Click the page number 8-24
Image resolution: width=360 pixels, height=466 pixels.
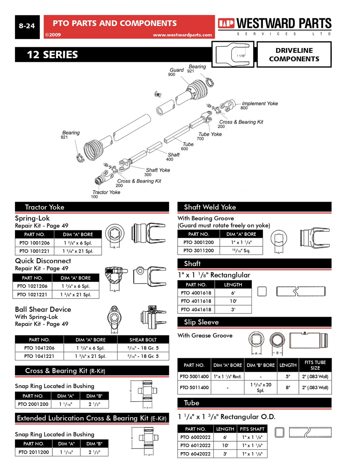pyautogui.click(x=27, y=26)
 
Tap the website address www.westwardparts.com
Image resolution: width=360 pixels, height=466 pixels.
pyautogui.click(x=182, y=35)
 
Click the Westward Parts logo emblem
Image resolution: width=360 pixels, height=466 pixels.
pyautogui.click(x=226, y=24)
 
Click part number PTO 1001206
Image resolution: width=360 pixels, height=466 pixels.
pyautogui.click(x=35, y=243)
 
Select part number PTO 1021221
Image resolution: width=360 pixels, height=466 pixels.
pyautogui.click(x=32, y=295)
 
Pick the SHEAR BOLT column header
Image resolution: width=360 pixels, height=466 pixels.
pyautogui.click(x=143, y=340)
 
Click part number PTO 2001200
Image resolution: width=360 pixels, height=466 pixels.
pyautogui.click(x=33, y=404)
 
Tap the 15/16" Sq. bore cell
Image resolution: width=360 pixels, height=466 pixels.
pyautogui.click(x=241, y=250)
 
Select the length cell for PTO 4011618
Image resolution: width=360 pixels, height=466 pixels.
pyautogui.click(x=233, y=301)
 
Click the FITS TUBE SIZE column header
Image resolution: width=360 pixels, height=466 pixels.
pyautogui.click(x=315, y=365)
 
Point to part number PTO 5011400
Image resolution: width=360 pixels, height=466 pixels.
pyautogui.click(x=194, y=387)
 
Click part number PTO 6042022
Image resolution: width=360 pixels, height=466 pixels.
pyautogui.click(x=195, y=454)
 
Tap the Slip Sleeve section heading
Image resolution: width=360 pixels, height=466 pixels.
pyautogui.click(x=201, y=322)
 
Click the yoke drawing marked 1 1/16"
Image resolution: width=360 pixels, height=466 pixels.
pyautogui.click(x=233, y=55)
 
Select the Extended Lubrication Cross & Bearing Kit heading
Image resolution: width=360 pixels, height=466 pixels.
pyautogui.click(x=92, y=418)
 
